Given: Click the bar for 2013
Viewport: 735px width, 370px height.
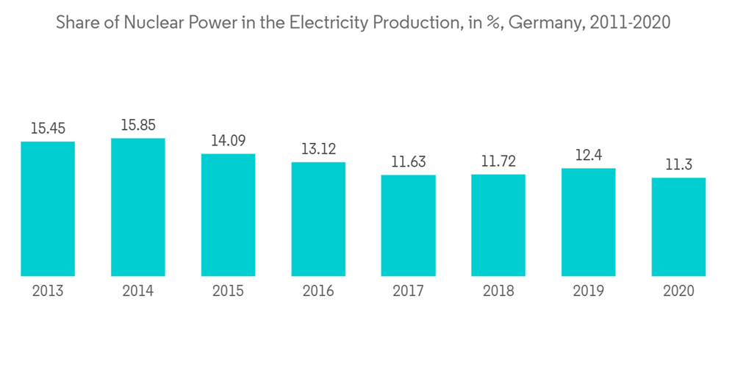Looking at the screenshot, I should click(x=48, y=208).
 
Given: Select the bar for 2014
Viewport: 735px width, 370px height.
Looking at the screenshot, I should click(x=138, y=207).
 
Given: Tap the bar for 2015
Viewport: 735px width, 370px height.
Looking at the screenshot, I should click(x=229, y=214).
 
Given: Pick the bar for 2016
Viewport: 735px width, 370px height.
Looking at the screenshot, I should click(x=318, y=219).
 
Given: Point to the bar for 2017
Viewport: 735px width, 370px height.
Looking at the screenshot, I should click(x=409, y=225).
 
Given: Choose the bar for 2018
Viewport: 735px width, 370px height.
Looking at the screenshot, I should click(x=498, y=225).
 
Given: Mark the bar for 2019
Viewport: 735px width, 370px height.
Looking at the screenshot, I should click(x=589, y=222).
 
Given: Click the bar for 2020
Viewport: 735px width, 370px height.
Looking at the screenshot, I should click(x=678, y=227).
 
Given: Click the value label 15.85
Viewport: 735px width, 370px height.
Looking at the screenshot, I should click(x=138, y=126).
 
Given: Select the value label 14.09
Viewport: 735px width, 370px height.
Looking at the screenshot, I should click(x=229, y=141).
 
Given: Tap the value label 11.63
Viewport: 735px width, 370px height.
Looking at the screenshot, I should click(x=409, y=162).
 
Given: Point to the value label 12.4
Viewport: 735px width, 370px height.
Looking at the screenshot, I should click(x=589, y=156).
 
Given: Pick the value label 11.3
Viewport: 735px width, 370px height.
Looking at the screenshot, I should click(x=678, y=165).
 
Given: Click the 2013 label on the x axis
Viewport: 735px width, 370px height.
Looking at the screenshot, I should click(x=48, y=291).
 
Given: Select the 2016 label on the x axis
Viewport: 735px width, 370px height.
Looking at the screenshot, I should click(x=318, y=291).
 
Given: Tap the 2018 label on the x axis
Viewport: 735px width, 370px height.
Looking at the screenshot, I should click(x=498, y=291).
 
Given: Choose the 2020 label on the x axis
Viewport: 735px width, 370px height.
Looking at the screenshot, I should click(x=678, y=291).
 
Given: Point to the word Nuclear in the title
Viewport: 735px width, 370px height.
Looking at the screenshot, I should click(x=151, y=23).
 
